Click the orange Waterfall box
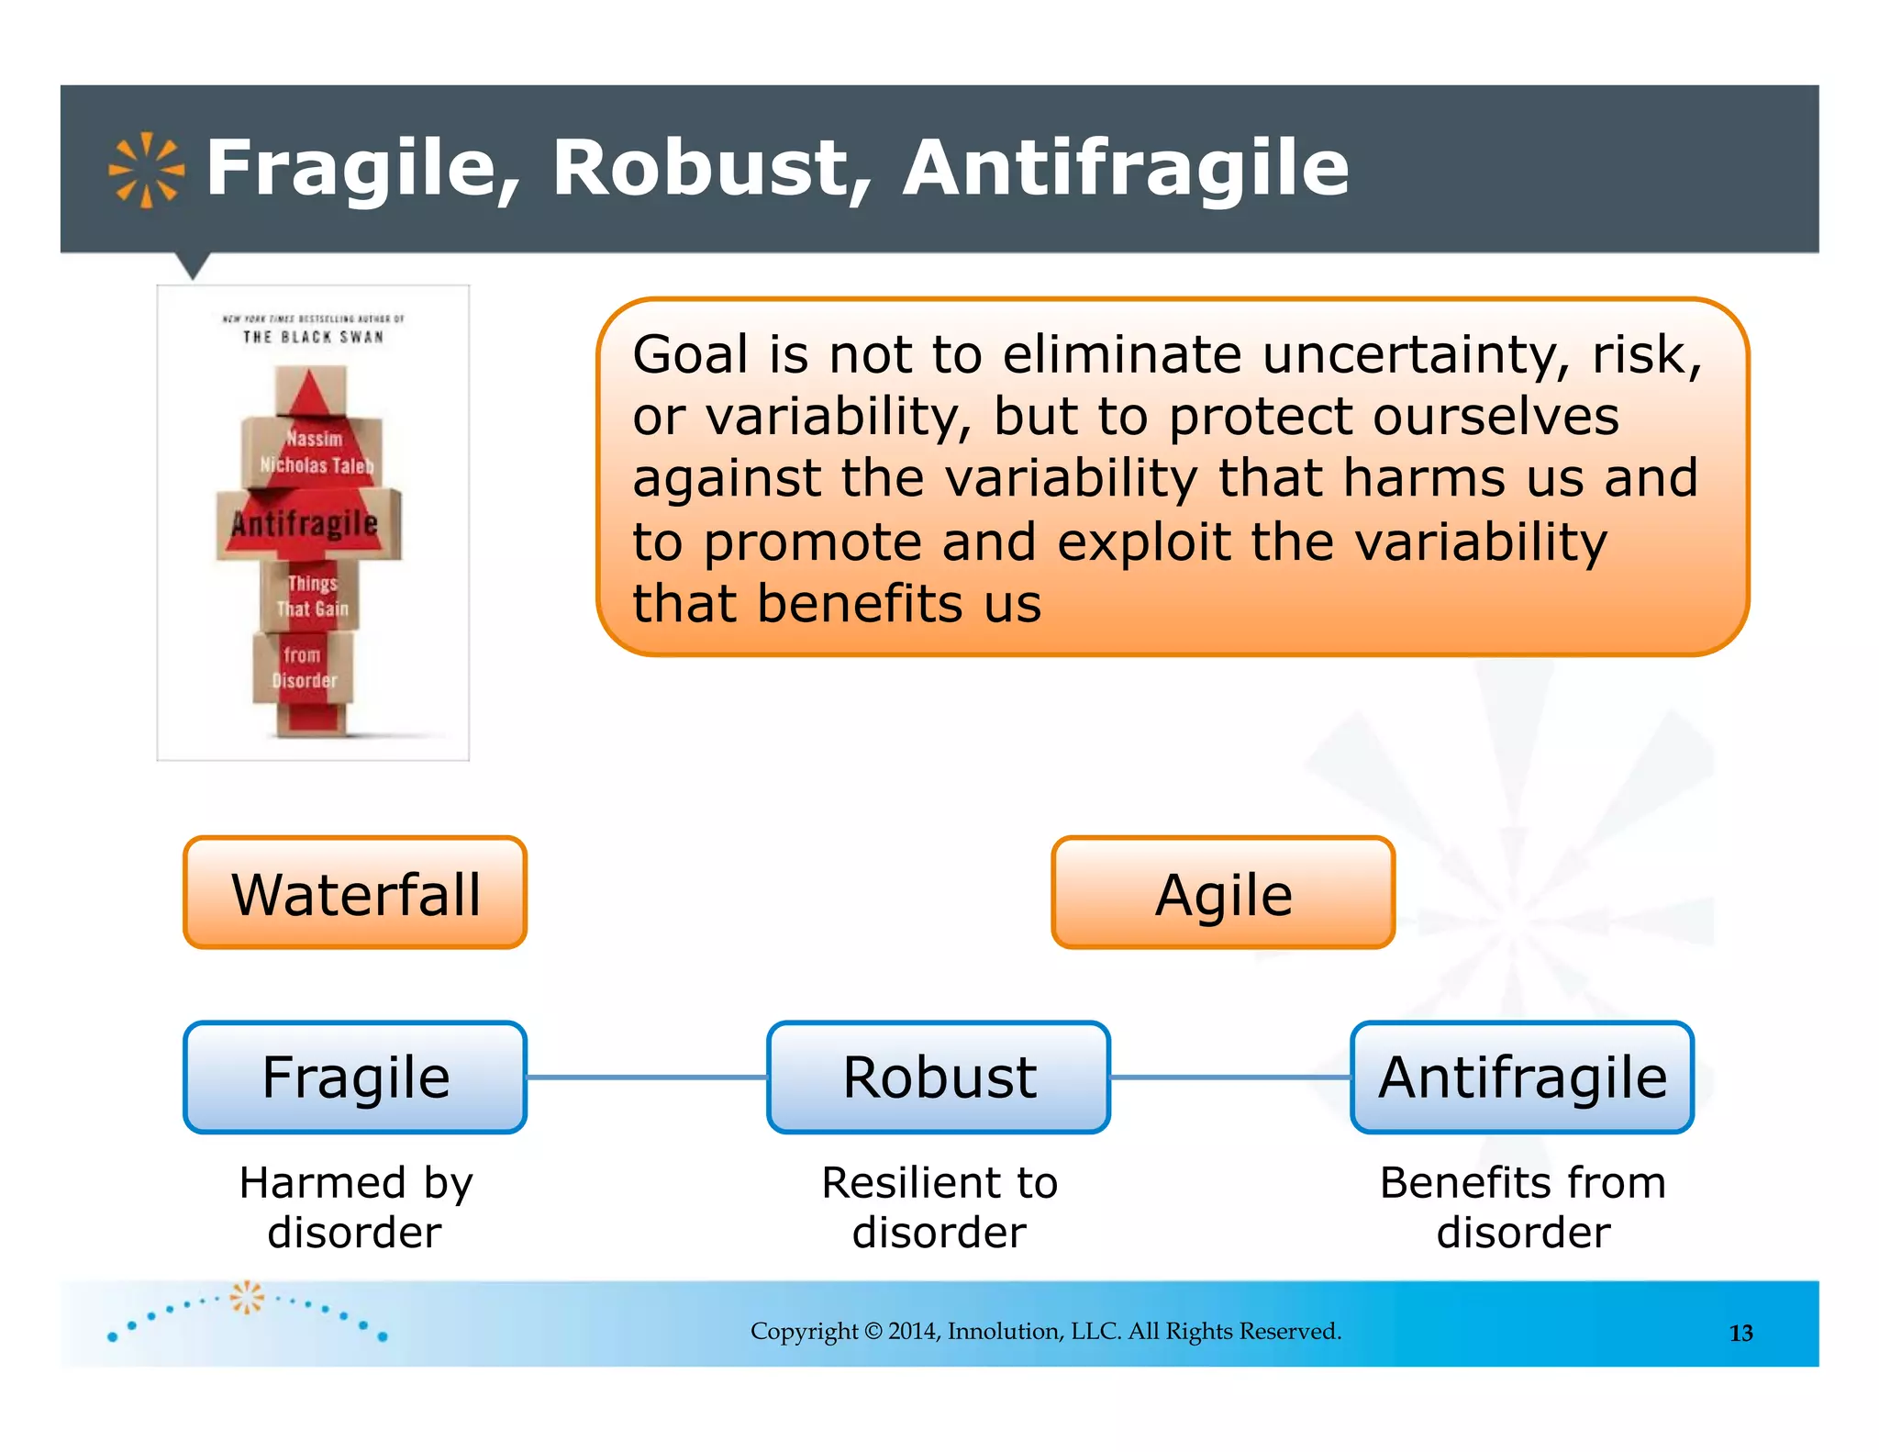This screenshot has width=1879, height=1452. point(355,892)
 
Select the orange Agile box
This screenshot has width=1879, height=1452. point(1223,892)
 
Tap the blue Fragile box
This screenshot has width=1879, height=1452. point(355,1077)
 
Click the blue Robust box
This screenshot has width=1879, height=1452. point(939,1077)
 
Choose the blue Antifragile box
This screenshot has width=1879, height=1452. point(1522,1077)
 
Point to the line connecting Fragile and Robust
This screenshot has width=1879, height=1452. point(647,1077)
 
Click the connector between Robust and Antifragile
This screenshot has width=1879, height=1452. point(1230,1077)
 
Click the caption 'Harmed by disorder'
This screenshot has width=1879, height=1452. point(355,1207)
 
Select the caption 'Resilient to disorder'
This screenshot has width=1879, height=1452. point(939,1207)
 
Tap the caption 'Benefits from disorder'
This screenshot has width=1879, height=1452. point(1522,1207)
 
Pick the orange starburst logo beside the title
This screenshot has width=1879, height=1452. point(146,171)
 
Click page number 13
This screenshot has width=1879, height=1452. point(1740,1333)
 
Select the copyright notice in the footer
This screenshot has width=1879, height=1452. point(1046,1331)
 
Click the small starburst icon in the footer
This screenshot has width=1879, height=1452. point(246,1298)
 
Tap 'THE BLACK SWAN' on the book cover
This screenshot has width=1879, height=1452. point(313,337)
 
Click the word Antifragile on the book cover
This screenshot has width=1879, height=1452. point(305,524)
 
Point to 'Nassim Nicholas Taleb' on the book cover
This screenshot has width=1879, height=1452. point(315,452)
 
